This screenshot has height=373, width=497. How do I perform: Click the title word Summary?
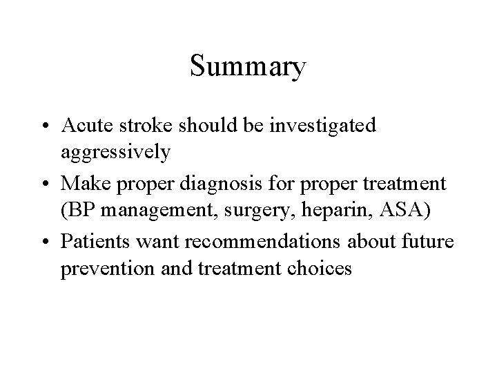pos(248,68)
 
